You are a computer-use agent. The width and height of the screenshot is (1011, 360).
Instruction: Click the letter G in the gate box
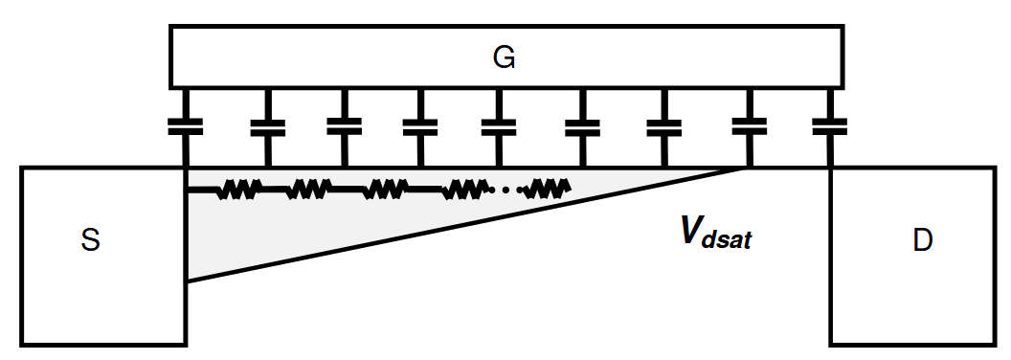[x=505, y=58]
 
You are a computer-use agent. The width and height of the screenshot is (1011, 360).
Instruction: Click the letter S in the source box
[x=91, y=241]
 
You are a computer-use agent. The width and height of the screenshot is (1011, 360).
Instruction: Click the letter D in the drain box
[x=922, y=241]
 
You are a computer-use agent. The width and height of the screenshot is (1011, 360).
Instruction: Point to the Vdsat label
[x=715, y=233]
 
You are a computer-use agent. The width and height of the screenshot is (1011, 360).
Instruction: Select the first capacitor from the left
[x=185, y=125]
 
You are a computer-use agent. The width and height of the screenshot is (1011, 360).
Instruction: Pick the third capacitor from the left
[x=344, y=125]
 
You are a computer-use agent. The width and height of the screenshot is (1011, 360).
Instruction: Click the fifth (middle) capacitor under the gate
[x=498, y=125]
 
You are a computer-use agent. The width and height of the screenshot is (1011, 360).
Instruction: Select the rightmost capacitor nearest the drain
[x=830, y=125]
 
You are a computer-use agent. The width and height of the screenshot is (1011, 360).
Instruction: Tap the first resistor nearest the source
[x=237, y=190]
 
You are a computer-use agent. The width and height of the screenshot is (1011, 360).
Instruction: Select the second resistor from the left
[x=308, y=190]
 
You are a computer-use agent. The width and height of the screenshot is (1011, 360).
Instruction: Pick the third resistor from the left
[x=385, y=190]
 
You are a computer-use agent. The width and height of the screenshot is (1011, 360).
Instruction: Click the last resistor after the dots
[x=548, y=190]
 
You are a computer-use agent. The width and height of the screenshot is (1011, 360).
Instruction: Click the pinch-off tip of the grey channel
[x=745, y=169]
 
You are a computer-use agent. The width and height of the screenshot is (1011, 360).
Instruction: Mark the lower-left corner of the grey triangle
[x=189, y=279]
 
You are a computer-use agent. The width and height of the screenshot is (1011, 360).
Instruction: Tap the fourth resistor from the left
[x=463, y=190]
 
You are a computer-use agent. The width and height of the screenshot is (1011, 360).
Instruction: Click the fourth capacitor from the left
[x=420, y=125]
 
